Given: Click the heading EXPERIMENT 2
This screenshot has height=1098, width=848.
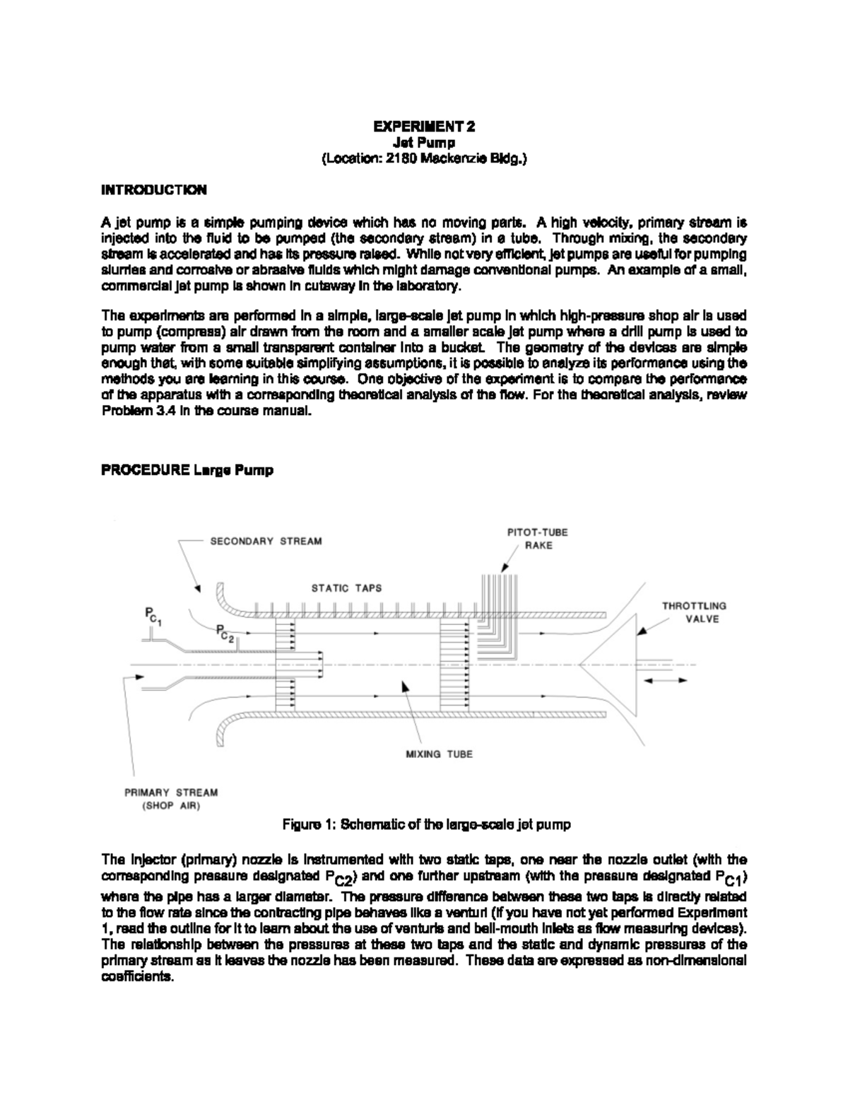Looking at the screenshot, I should (424, 127).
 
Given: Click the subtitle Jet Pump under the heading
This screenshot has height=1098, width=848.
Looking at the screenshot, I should (424, 144).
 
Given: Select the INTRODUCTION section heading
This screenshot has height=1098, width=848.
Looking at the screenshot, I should (154, 190).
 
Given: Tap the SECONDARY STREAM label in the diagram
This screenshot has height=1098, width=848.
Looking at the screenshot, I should (266, 542).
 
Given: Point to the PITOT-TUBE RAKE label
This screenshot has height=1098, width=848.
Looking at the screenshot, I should (538, 539).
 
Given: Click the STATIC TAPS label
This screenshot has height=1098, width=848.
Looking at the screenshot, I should (346, 588).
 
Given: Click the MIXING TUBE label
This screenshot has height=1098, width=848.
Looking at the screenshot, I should (439, 754).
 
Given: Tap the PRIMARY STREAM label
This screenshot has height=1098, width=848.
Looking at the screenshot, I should (172, 793).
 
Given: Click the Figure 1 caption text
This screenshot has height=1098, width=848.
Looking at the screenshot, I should (426, 824).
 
